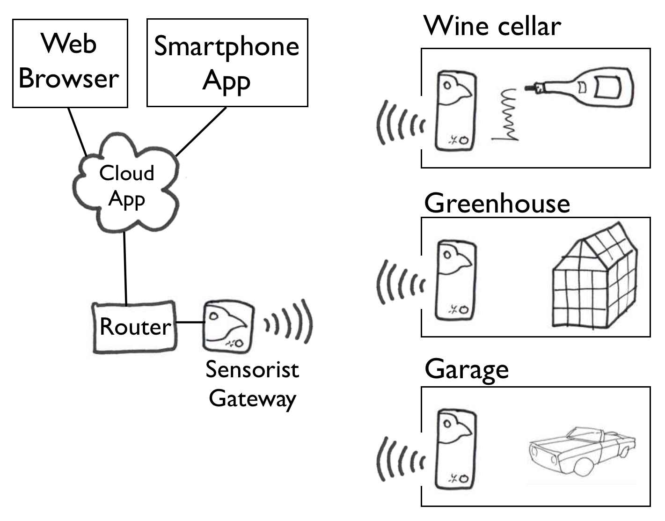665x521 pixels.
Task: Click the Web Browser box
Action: (70, 63)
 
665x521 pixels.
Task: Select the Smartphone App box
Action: (227, 63)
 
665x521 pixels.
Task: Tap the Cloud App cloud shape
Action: (126, 185)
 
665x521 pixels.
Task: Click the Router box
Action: (135, 327)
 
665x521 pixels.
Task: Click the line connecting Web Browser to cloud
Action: (77, 132)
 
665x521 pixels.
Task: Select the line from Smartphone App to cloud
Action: (201, 132)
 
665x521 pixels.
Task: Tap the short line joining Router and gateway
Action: (190, 322)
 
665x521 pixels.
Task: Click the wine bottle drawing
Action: (585, 88)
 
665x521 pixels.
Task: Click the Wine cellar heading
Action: (492, 26)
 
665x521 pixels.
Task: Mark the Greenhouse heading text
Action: (497, 204)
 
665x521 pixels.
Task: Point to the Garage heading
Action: (467, 370)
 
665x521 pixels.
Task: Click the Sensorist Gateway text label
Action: (252, 384)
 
